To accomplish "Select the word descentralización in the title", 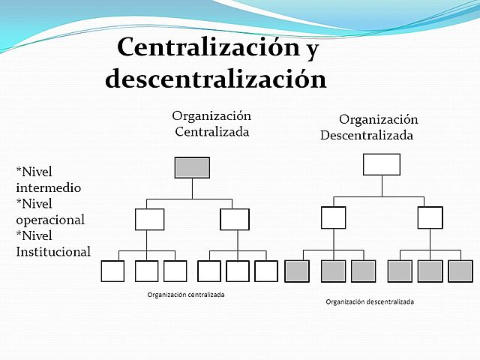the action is pos(216,78).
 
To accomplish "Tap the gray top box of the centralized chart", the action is pos(192,167).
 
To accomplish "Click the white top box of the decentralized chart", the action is pos(382,164).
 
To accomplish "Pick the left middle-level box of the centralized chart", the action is pos(150,219).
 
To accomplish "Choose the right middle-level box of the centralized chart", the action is pos(235,219).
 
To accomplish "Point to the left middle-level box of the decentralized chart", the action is pos(334,217).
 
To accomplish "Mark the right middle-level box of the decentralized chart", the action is pos(430,217).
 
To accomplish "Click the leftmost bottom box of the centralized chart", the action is pos(112,271).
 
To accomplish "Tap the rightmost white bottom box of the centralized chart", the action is pos(266,271).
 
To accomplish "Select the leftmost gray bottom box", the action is pos(297,271).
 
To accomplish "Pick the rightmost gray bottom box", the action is pos(460,271).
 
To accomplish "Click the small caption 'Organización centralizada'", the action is pos(186,295).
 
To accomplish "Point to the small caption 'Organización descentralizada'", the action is pos(370,301).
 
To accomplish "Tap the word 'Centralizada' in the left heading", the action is pos(212,132).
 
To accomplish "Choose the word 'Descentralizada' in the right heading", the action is pos(367,136).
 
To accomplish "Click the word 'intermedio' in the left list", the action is pos(48,187).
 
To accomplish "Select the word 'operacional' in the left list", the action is pos(50,220).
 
